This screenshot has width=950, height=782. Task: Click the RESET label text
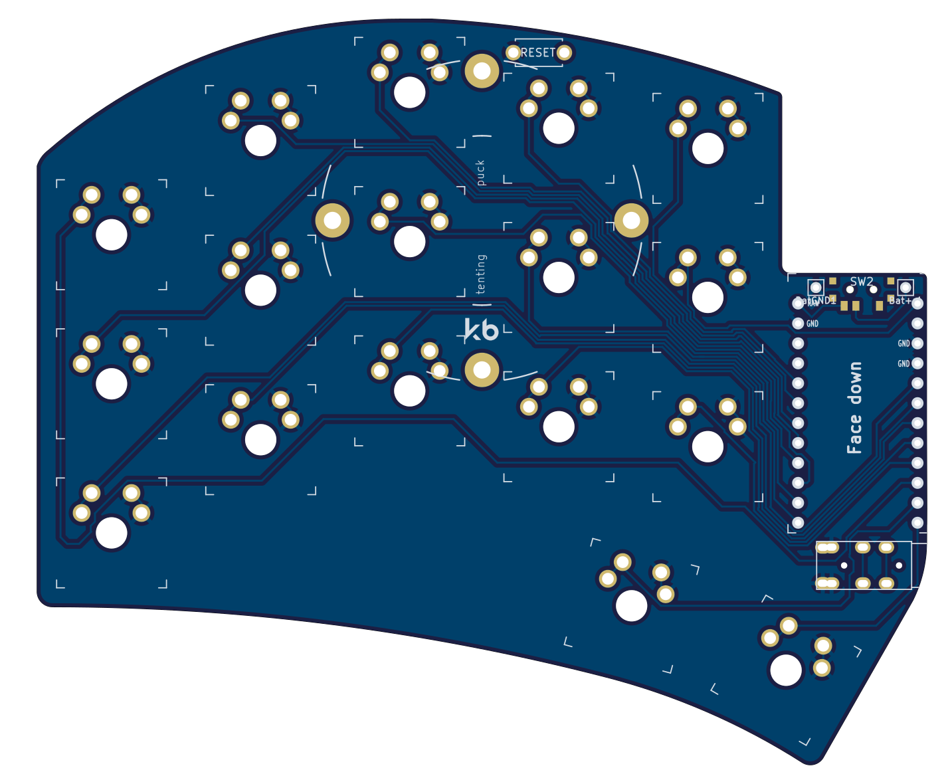point(538,52)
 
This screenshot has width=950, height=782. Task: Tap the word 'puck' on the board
point(480,173)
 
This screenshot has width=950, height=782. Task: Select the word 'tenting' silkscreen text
point(480,274)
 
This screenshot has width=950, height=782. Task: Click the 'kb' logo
point(482,330)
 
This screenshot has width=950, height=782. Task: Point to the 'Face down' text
point(854,408)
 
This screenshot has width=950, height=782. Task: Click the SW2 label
point(862,282)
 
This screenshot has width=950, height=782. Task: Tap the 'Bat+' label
point(900,301)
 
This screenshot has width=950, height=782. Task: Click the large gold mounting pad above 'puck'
point(482,71)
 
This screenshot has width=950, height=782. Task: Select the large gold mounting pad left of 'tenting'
point(332,221)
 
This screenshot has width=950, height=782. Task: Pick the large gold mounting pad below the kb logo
point(482,370)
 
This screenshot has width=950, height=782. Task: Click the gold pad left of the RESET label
point(513,52)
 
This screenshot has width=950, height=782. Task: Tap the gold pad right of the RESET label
point(565,52)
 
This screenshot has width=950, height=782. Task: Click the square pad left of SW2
point(816,288)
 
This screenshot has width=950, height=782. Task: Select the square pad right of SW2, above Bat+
point(905,288)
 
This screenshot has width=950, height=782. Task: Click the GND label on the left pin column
point(812,324)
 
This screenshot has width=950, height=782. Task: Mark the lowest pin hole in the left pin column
point(798,523)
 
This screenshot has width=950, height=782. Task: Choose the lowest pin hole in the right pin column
point(917,523)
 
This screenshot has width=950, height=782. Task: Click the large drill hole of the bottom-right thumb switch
point(785,670)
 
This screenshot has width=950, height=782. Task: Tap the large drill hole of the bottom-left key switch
point(111,532)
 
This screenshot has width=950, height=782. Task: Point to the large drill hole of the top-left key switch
point(111,234)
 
